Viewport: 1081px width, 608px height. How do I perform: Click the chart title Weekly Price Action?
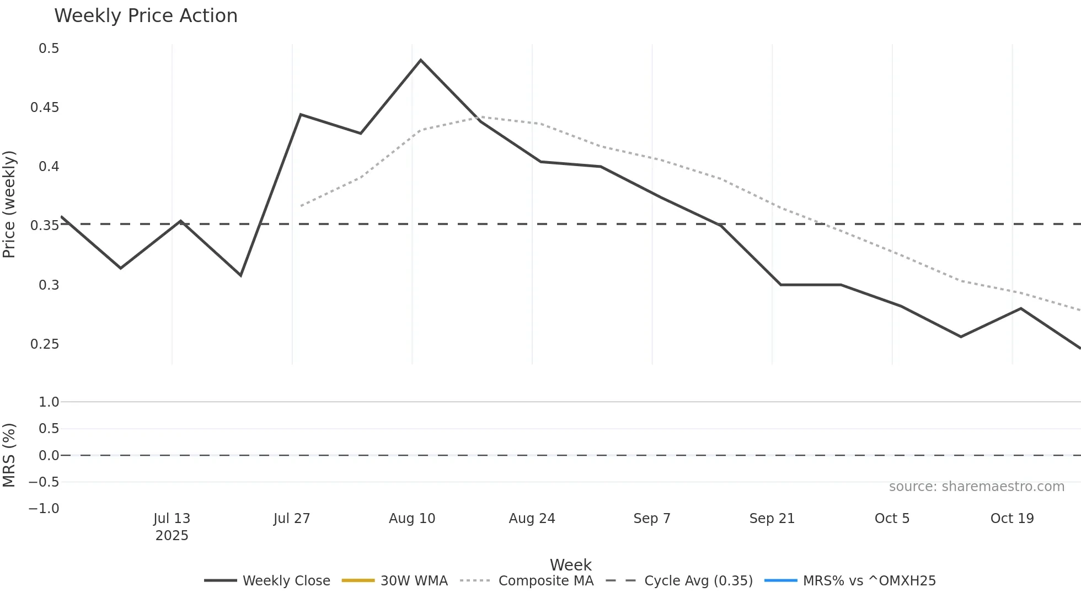coord(146,16)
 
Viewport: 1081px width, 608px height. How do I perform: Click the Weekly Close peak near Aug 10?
coord(421,60)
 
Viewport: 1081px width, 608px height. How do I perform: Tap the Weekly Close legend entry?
coord(267,581)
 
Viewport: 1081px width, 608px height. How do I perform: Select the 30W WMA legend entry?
coord(395,581)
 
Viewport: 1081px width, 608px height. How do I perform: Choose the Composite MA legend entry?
coord(527,581)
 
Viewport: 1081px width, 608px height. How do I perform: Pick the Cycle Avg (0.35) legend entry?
coord(679,581)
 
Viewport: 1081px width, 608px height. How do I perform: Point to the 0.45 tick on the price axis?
coord(45,108)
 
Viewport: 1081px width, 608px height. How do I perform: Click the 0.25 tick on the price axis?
coord(45,344)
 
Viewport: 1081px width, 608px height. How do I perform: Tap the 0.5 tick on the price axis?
coord(49,49)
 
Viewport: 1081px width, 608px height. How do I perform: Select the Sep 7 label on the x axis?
coord(652,519)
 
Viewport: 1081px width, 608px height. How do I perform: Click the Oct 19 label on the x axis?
coord(1012,519)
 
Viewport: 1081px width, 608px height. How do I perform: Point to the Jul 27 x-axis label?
coord(292,519)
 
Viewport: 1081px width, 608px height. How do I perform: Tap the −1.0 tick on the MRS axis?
coord(44,509)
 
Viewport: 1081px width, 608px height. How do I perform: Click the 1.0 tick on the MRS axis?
coord(49,402)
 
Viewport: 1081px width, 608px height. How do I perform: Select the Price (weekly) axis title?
coord(9,204)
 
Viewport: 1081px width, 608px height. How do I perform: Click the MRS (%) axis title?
coord(9,455)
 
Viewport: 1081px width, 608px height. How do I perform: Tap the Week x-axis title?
coord(570,565)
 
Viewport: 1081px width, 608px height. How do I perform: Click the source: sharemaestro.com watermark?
coord(976,487)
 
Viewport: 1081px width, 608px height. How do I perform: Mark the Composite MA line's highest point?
coord(481,117)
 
